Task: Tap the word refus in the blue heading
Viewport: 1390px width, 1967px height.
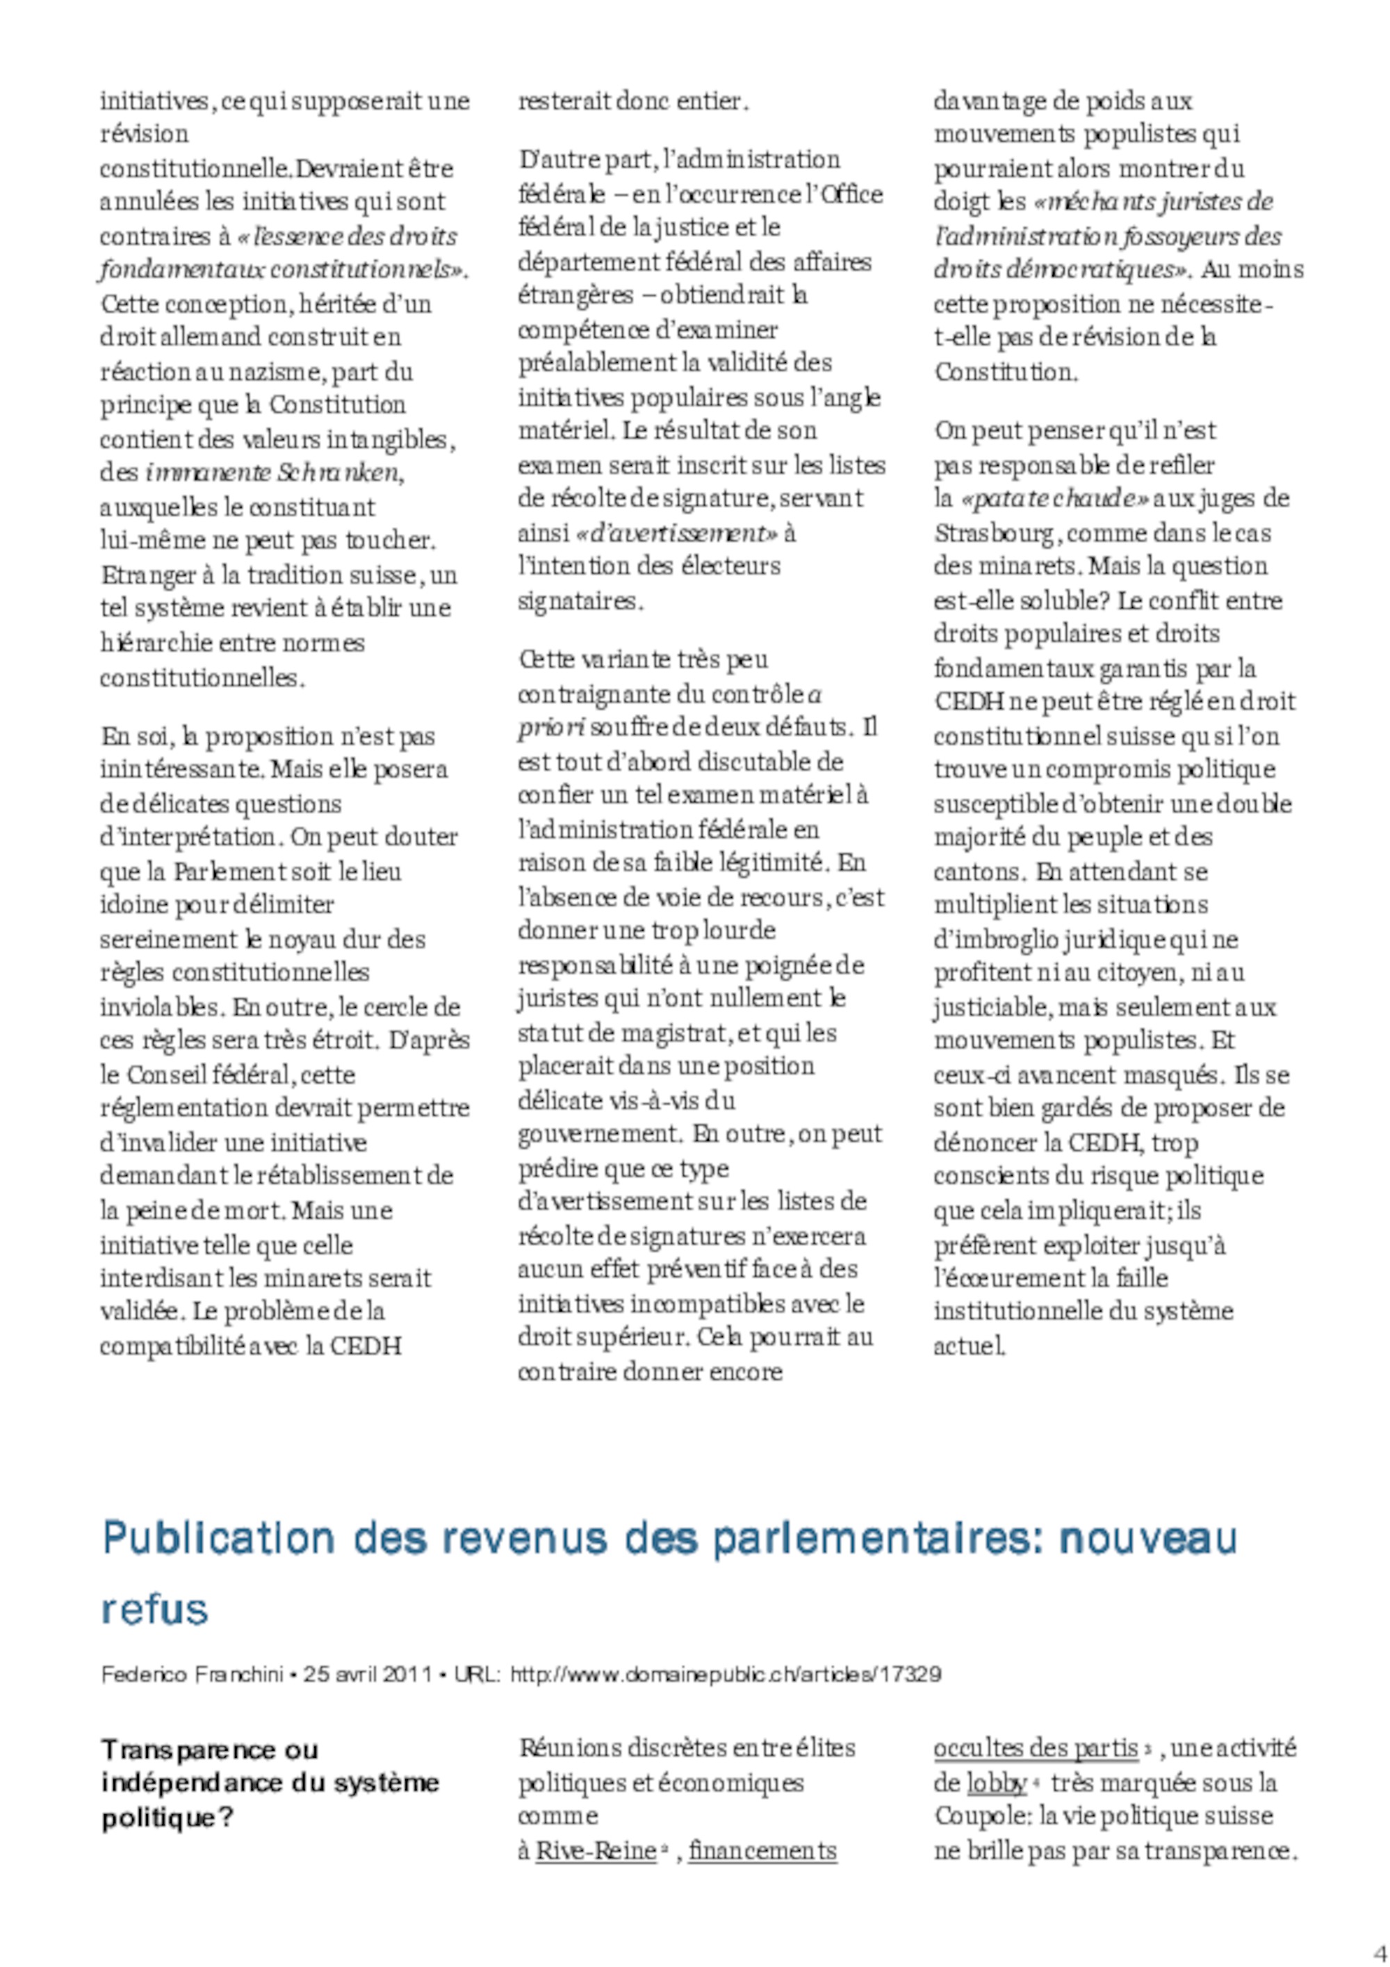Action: point(155,1610)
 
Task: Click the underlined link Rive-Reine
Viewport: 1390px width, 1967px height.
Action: point(595,1852)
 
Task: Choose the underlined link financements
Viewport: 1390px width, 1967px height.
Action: point(762,1852)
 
